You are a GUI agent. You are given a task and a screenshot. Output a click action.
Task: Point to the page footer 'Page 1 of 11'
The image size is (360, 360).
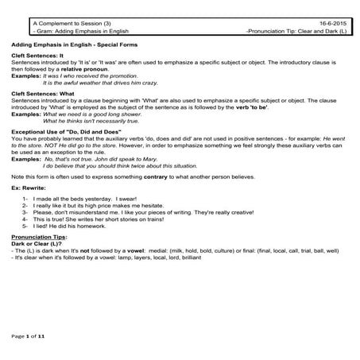[x=30, y=337]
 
